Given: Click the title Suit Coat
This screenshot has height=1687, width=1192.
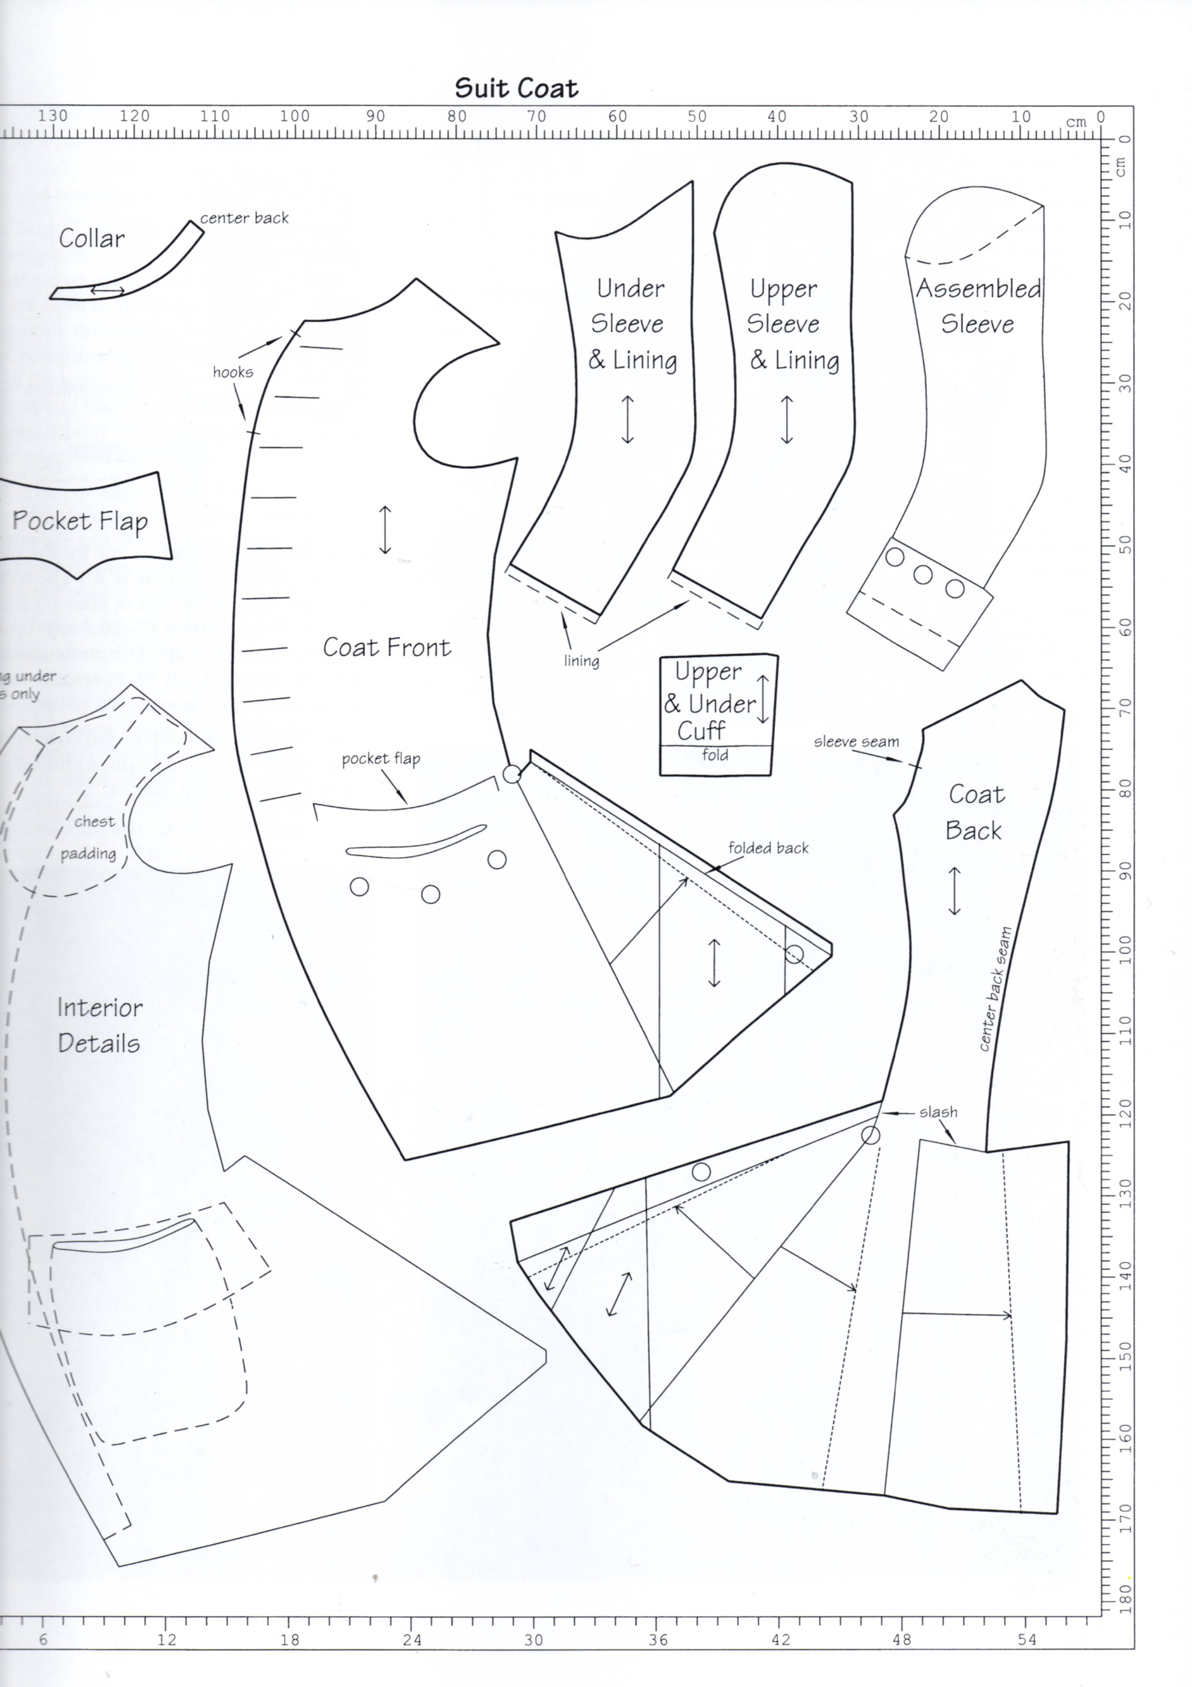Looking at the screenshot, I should (516, 88).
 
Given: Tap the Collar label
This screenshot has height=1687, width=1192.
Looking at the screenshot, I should (92, 238).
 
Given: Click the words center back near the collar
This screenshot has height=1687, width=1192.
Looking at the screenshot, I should (245, 217).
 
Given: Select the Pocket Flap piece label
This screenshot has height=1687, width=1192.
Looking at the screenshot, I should (80, 521).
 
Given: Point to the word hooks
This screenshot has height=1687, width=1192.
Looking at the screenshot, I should (233, 372).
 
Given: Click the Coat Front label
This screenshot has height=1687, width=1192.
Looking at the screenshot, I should (387, 647).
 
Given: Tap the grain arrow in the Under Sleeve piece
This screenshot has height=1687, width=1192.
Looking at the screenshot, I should (627, 419).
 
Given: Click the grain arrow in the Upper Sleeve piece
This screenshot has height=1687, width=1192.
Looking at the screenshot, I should (786, 419).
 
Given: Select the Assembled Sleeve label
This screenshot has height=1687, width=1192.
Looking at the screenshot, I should (978, 306).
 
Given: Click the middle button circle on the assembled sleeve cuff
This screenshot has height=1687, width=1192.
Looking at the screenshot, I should (923, 575).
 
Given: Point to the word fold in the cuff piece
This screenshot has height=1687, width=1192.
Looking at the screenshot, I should (714, 755).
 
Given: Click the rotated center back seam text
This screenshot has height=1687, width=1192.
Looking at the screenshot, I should (996, 988).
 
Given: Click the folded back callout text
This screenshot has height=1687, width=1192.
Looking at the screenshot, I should (768, 848).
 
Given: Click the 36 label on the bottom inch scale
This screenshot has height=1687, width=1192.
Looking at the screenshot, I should (659, 1640).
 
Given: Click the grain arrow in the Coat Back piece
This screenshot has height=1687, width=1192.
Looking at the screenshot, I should (954, 890).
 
